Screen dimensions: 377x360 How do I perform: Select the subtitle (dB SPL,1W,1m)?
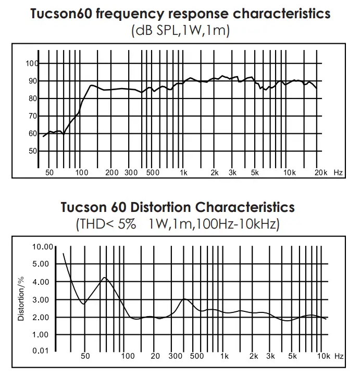coord(179,31)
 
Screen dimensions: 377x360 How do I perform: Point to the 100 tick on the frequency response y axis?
coord(32,64)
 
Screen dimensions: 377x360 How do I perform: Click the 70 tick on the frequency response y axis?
coord(33,116)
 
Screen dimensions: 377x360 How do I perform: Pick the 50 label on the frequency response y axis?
coord(33,151)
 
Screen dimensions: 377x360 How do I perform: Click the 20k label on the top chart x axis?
coord(321,172)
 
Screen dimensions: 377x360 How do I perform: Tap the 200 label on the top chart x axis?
coord(112,172)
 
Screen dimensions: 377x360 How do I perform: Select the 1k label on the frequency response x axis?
coord(183,172)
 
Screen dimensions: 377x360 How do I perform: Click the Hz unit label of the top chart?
coord(338,172)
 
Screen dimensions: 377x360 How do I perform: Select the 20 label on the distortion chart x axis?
coord(155,356)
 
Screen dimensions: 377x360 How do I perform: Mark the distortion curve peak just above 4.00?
coord(105,278)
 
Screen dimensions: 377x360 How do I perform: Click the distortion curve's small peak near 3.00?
coord(184,299)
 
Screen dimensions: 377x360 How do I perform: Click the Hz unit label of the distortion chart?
coord(339,356)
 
